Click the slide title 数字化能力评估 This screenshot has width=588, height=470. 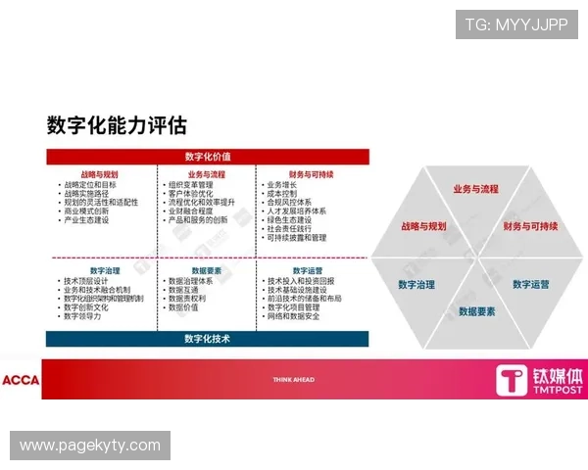point(116,125)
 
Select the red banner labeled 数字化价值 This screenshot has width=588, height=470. point(208,157)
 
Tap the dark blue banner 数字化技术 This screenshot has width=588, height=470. point(208,339)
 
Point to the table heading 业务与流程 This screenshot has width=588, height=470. point(206,174)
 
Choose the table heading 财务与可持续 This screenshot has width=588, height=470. point(312,174)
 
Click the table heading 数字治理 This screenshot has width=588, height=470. point(104,270)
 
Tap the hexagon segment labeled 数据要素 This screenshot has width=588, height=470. point(477,311)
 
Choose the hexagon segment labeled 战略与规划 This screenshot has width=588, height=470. point(423,226)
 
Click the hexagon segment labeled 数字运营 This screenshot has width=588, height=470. point(530,285)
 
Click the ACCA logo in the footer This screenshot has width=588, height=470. point(21,380)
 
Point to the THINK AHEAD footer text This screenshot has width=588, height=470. point(294,379)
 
